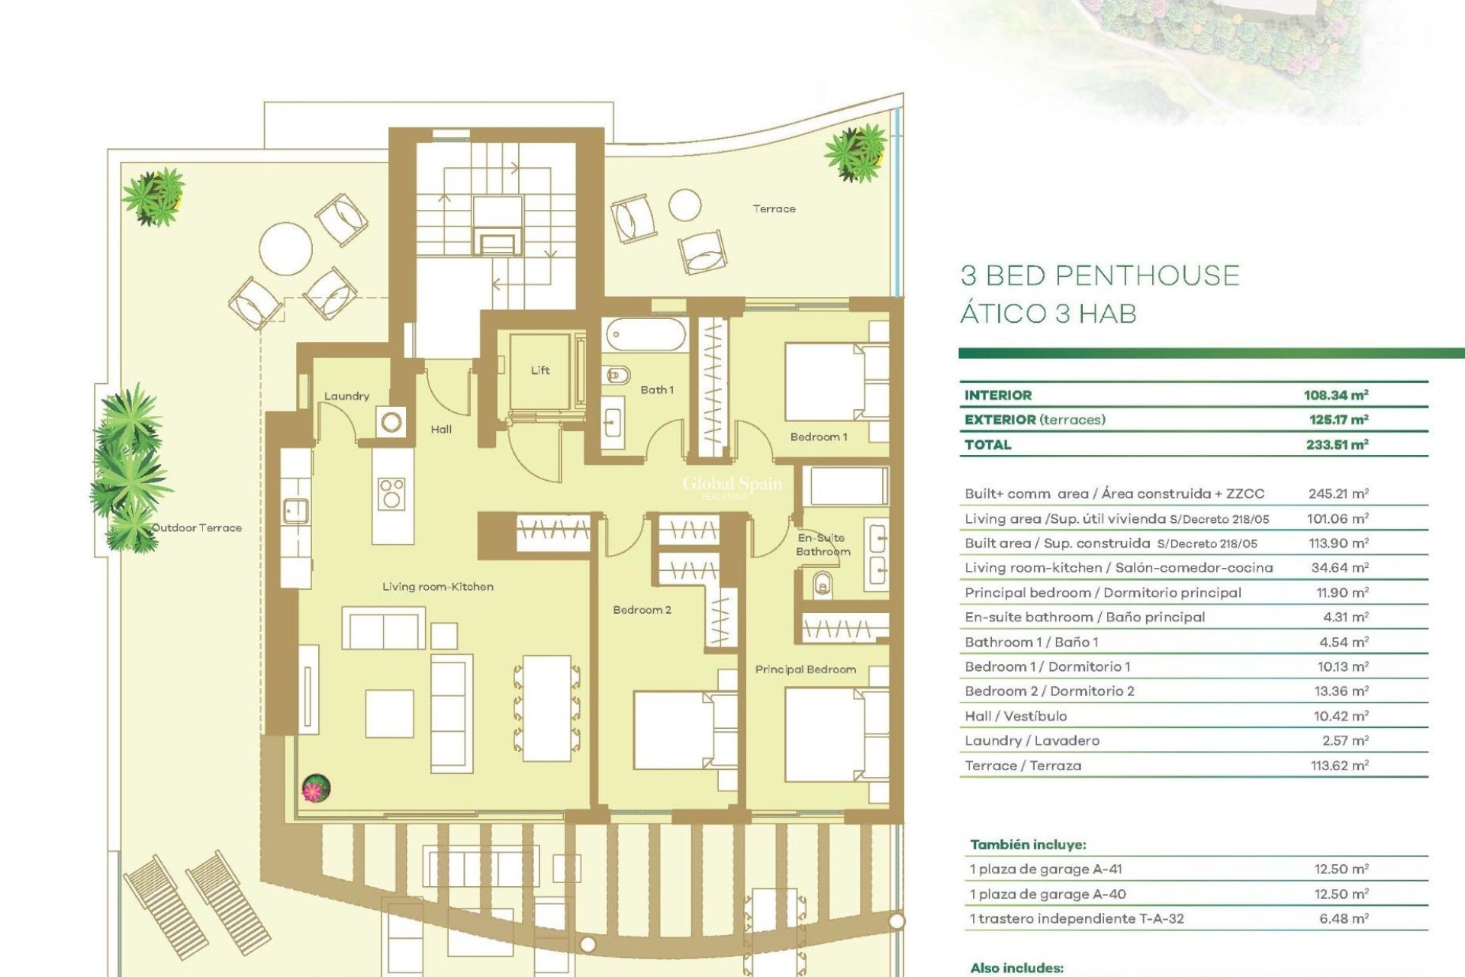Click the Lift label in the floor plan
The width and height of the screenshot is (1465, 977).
[x=540, y=370]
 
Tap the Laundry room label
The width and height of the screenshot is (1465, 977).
[x=346, y=396]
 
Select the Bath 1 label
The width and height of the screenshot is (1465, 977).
[x=656, y=390]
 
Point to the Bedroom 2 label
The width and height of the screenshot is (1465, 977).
[x=642, y=610]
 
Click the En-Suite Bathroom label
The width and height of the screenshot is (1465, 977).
[x=822, y=544]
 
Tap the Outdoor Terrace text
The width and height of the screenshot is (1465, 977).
[x=197, y=527]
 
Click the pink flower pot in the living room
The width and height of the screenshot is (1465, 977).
[x=316, y=788]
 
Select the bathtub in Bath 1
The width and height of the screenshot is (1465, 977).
[x=646, y=335]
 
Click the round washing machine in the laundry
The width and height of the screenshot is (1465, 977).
[x=391, y=421]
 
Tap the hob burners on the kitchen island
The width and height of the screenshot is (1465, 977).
[x=392, y=492]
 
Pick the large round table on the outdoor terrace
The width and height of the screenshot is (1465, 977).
[x=285, y=248]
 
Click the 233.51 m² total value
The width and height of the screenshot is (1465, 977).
[x=1336, y=445]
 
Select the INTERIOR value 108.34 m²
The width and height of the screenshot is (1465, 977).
[x=1335, y=395]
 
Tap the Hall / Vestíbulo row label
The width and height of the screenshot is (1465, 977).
[x=1016, y=716]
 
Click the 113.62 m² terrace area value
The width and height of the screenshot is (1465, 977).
[x=1339, y=766]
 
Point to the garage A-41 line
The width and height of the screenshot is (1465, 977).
[x=1045, y=869]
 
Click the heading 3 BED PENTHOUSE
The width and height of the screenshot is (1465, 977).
[x=1100, y=276]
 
